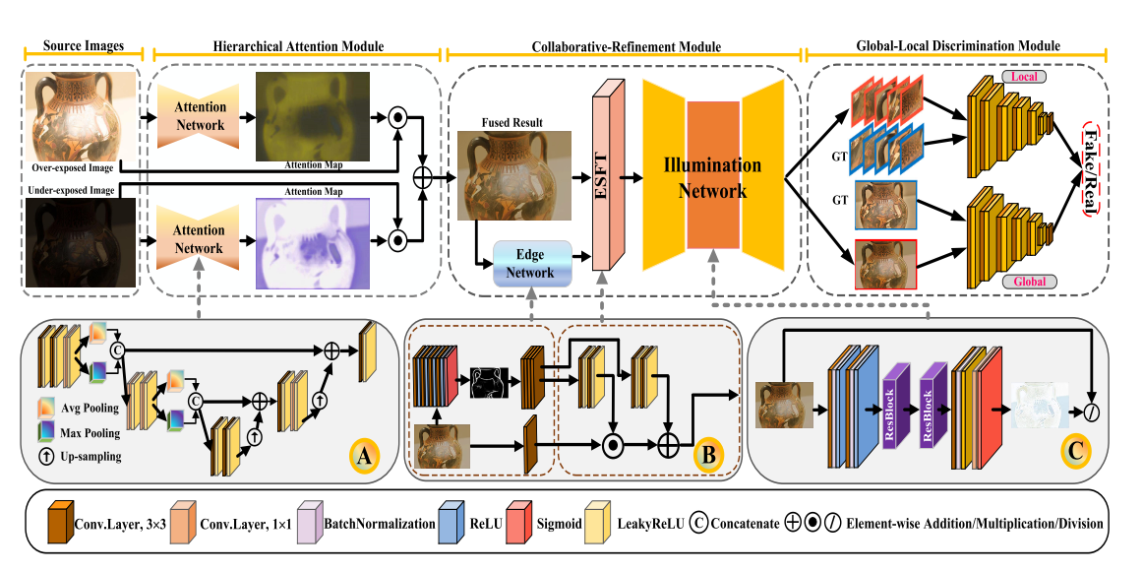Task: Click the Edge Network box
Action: [x=530, y=264]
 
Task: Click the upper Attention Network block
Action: [x=200, y=116]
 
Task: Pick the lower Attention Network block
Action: [x=200, y=239]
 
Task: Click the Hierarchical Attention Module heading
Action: [x=298, y=46]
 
